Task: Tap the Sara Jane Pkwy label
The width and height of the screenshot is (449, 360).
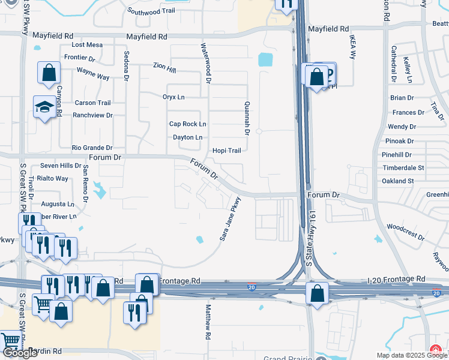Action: click(x=230, y=219)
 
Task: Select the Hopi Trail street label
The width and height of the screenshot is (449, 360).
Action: click(x=226, y=151)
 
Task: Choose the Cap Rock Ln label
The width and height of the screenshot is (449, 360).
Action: click(x=187, y=124)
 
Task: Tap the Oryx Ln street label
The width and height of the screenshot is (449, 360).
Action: click(x=173, y=97)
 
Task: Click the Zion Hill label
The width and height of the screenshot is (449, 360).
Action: click(x=164, y=68)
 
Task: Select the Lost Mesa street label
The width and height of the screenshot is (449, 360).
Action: click(x=87, y=45)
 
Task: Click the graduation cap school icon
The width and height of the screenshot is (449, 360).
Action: click(x=44, y=107)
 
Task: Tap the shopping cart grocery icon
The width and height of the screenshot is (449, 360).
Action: click(x=43, y=303)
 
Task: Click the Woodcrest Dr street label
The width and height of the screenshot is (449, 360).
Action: click(x=405, y=227)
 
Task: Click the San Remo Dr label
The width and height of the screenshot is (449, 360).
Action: click(x=86, y=184)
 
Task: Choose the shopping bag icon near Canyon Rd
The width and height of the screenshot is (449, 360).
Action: click(x=49, y=73)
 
